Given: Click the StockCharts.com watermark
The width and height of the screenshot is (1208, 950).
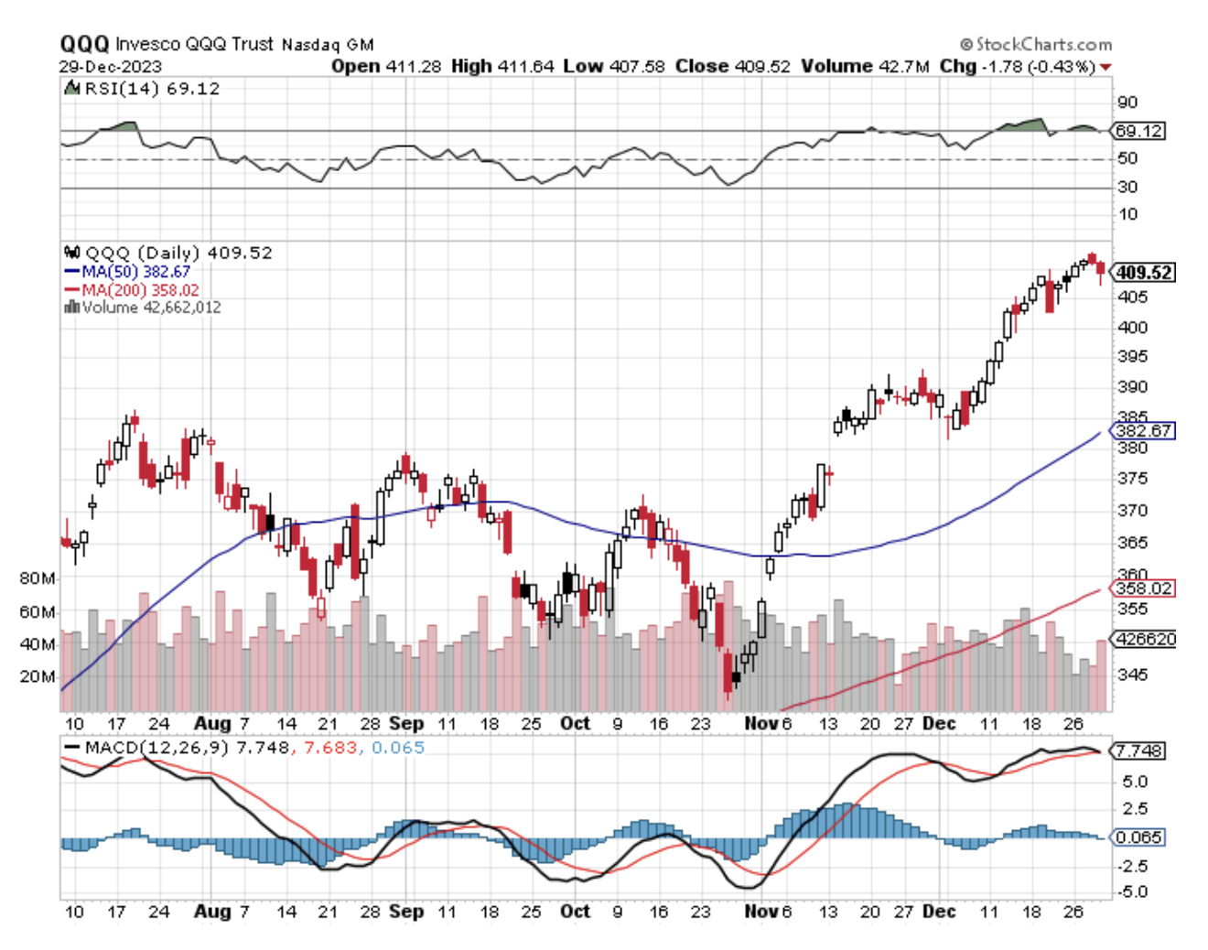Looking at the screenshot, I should pos(1036,44).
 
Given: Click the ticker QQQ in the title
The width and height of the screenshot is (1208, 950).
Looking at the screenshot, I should pos(84,44).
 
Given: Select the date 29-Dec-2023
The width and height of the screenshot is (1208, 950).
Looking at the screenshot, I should pos(110,67).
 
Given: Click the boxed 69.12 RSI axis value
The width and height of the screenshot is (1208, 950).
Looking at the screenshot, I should pos(1139,131).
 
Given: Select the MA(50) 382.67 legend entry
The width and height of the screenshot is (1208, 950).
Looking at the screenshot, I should pos(128,272).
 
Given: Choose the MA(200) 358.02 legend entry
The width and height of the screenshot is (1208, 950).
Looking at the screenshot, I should pos(132,290).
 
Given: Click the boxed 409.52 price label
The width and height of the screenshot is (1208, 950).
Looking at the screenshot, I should pos(1144,273).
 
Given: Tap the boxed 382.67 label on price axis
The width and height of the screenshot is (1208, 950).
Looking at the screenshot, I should pos(1144,430).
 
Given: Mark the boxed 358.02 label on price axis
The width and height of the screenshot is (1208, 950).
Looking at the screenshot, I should pos(1144,588).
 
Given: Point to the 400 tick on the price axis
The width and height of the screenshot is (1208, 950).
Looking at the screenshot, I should pos(1132,328).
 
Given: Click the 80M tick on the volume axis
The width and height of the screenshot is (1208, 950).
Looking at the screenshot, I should pos(37,579).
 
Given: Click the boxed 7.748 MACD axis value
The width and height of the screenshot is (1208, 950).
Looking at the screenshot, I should pos(1139,750).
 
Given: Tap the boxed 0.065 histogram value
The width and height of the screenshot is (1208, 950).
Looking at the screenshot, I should pos(1139,837).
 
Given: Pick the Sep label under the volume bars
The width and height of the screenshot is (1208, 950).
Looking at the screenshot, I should pos(405,723).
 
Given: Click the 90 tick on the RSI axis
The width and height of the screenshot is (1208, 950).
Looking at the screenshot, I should pos(1127,103).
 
